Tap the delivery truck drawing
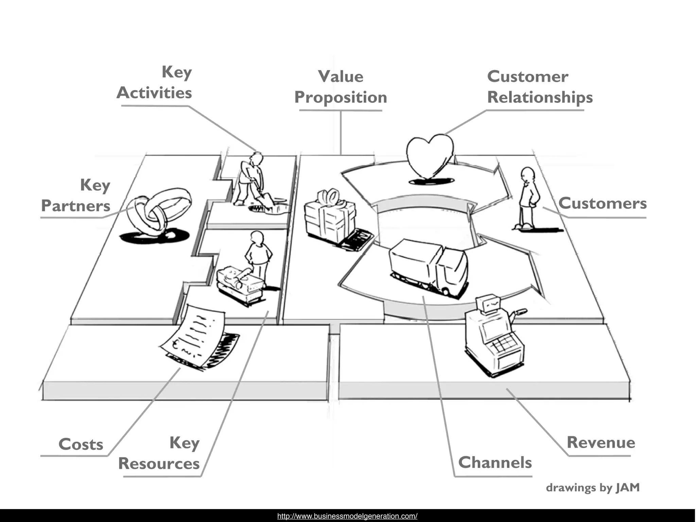point(429,267)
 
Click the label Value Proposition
point(341,87)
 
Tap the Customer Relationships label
point(540,87)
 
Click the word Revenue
point(601,442)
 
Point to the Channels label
point(495,463)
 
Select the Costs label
point(81,445)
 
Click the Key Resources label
point(159,453)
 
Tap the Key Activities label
point(155,83)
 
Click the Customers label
point(602,204)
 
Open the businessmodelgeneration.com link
point(347,516)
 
